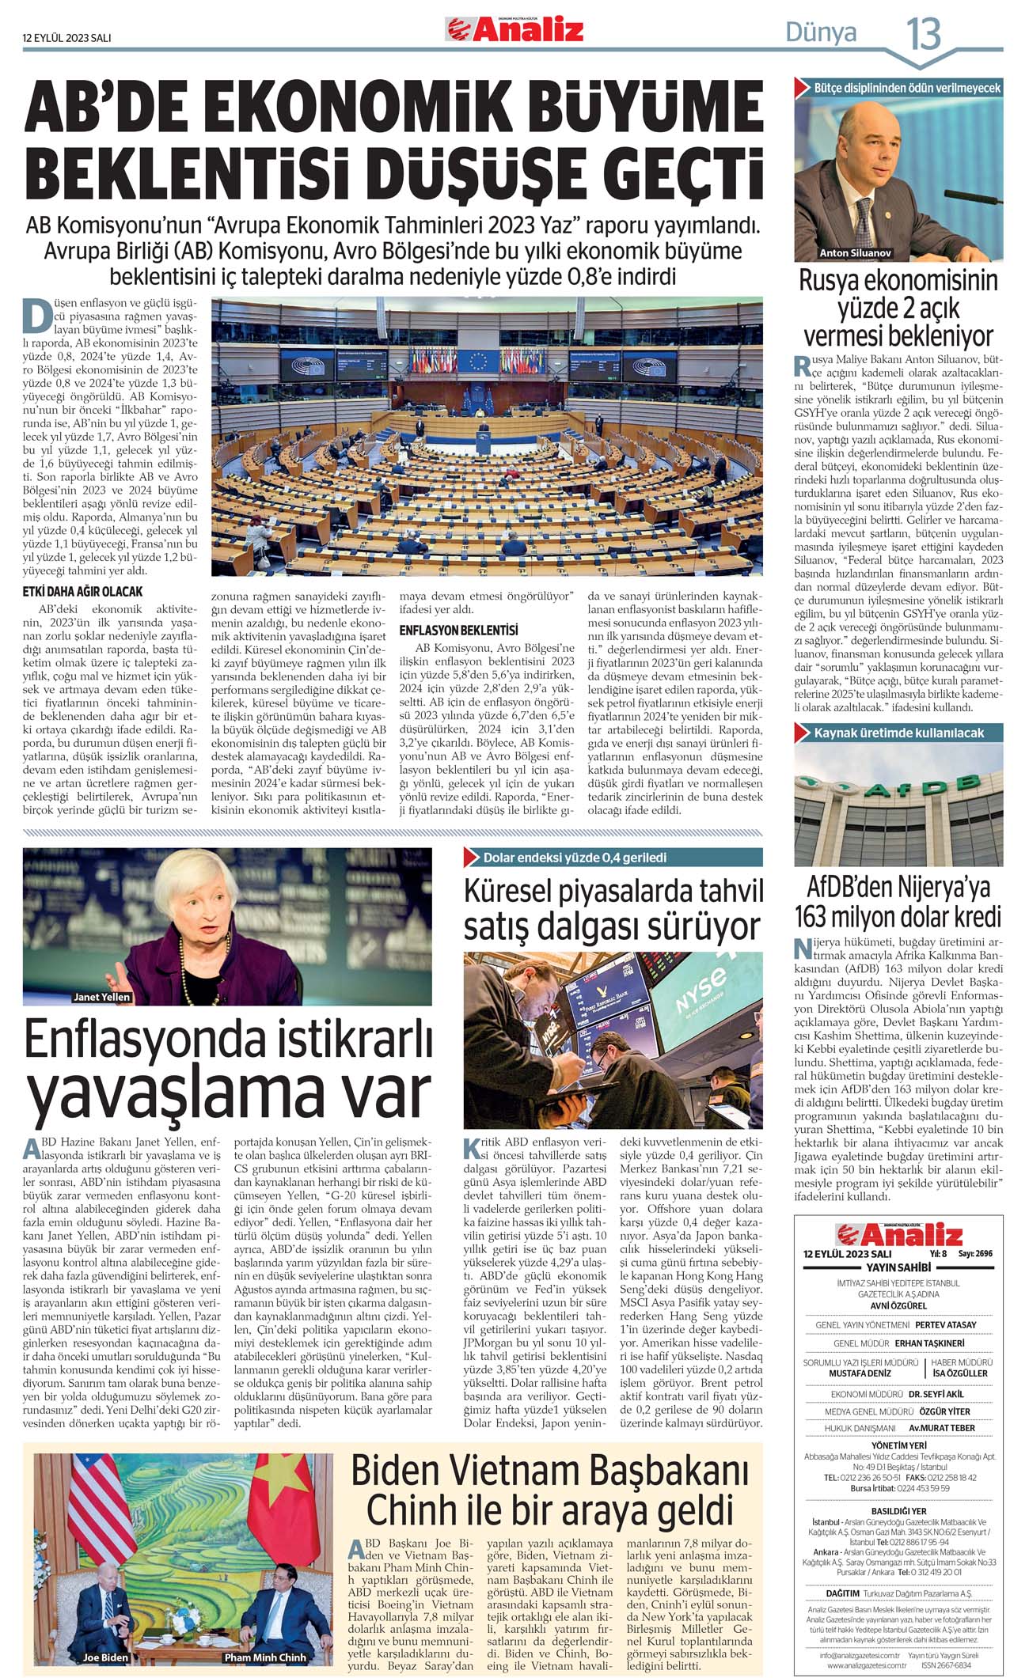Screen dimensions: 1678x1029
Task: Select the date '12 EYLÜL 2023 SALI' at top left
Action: click(x=66, y=37)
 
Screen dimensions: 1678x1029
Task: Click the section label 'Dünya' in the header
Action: click(x=820, y=32)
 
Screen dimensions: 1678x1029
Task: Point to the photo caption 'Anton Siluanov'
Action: click(x=855, y=253)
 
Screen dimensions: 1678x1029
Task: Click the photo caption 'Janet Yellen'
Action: click(x=101, y=997)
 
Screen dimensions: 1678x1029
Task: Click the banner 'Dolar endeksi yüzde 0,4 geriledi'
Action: click(x=575, y=858)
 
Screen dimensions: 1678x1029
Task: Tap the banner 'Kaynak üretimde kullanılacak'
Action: click(x=899, y=733)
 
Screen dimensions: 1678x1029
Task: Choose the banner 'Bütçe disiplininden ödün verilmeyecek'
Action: click(x=907, y=89)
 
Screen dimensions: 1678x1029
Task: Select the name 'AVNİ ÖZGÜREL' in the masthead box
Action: click(x=898, y=1305)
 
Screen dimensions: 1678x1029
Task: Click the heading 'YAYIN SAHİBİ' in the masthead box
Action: click(x=898, y=1267)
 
